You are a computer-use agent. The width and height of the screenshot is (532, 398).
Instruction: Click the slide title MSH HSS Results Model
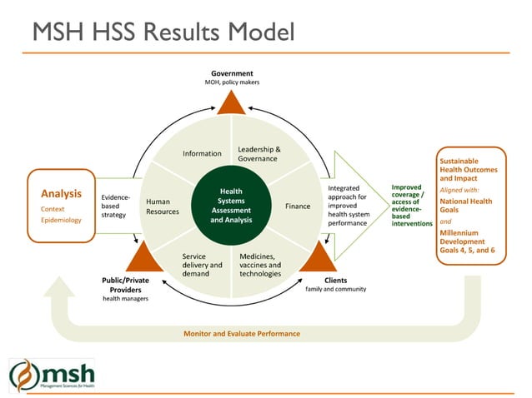(x=163, y=32)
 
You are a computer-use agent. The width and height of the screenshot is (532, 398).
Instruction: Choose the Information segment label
(x=202, y=153)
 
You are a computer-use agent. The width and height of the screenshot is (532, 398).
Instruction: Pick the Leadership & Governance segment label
(x=258, y=154)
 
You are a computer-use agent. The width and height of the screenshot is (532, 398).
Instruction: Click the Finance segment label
(x=298, y=206)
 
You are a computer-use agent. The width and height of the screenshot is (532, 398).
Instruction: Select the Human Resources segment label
(x=163, y=206)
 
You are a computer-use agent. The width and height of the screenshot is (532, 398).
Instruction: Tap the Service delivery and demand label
(x=202, y=265)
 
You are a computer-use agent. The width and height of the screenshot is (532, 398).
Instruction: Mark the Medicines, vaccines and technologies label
(x=260, y=265)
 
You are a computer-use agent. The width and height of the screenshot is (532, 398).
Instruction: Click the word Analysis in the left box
(x=61, y=194)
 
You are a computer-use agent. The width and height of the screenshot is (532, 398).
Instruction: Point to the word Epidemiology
(x=61, y=221)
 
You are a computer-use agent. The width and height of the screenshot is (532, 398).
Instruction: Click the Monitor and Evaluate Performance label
(x=241, y=333)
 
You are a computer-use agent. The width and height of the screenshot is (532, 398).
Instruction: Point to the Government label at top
(x=232, y=73)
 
